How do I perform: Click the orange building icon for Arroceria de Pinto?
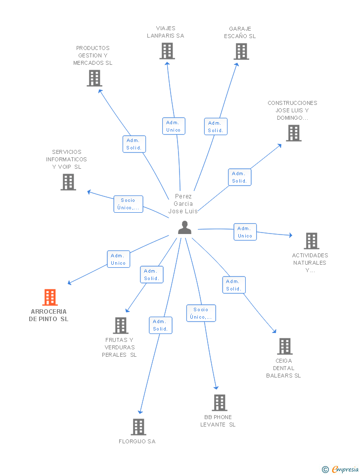click(50, 297)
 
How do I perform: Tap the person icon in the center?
click(184, 227)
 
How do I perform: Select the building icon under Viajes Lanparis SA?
click(167, 51)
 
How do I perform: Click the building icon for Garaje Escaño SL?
click(241, 51)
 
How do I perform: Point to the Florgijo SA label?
click(137, 441)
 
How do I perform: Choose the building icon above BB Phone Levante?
click(220, 403)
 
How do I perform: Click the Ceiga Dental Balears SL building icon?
click(285, 346)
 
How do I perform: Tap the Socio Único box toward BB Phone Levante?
click(201, 313)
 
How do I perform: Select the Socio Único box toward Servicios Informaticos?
click(128, 204)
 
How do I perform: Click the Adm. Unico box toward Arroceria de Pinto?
click(118, 259)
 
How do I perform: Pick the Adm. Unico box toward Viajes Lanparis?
click(174, 126)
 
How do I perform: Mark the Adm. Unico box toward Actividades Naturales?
click(245, 232)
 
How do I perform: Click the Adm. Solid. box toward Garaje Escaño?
click(216, 127)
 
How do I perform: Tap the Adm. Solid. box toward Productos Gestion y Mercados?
click(134, 144)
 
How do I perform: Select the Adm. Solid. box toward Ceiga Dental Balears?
click(234, 285)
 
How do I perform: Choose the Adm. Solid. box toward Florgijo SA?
click(161, 326)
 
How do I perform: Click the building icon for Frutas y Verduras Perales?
click(121, 326)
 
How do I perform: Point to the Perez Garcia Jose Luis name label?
click(183, 203)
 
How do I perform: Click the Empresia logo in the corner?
click(340, 469)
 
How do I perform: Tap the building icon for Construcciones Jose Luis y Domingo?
click(294, 133)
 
